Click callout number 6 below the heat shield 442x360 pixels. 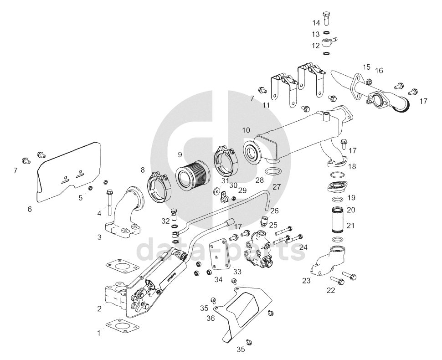[30, 209]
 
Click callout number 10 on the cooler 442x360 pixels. [246, 130]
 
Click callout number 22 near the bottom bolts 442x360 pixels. [331, 290]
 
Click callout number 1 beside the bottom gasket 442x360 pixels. [98, 333]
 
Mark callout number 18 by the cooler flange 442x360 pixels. [352, 166]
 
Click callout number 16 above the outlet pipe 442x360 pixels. [379, 70]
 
